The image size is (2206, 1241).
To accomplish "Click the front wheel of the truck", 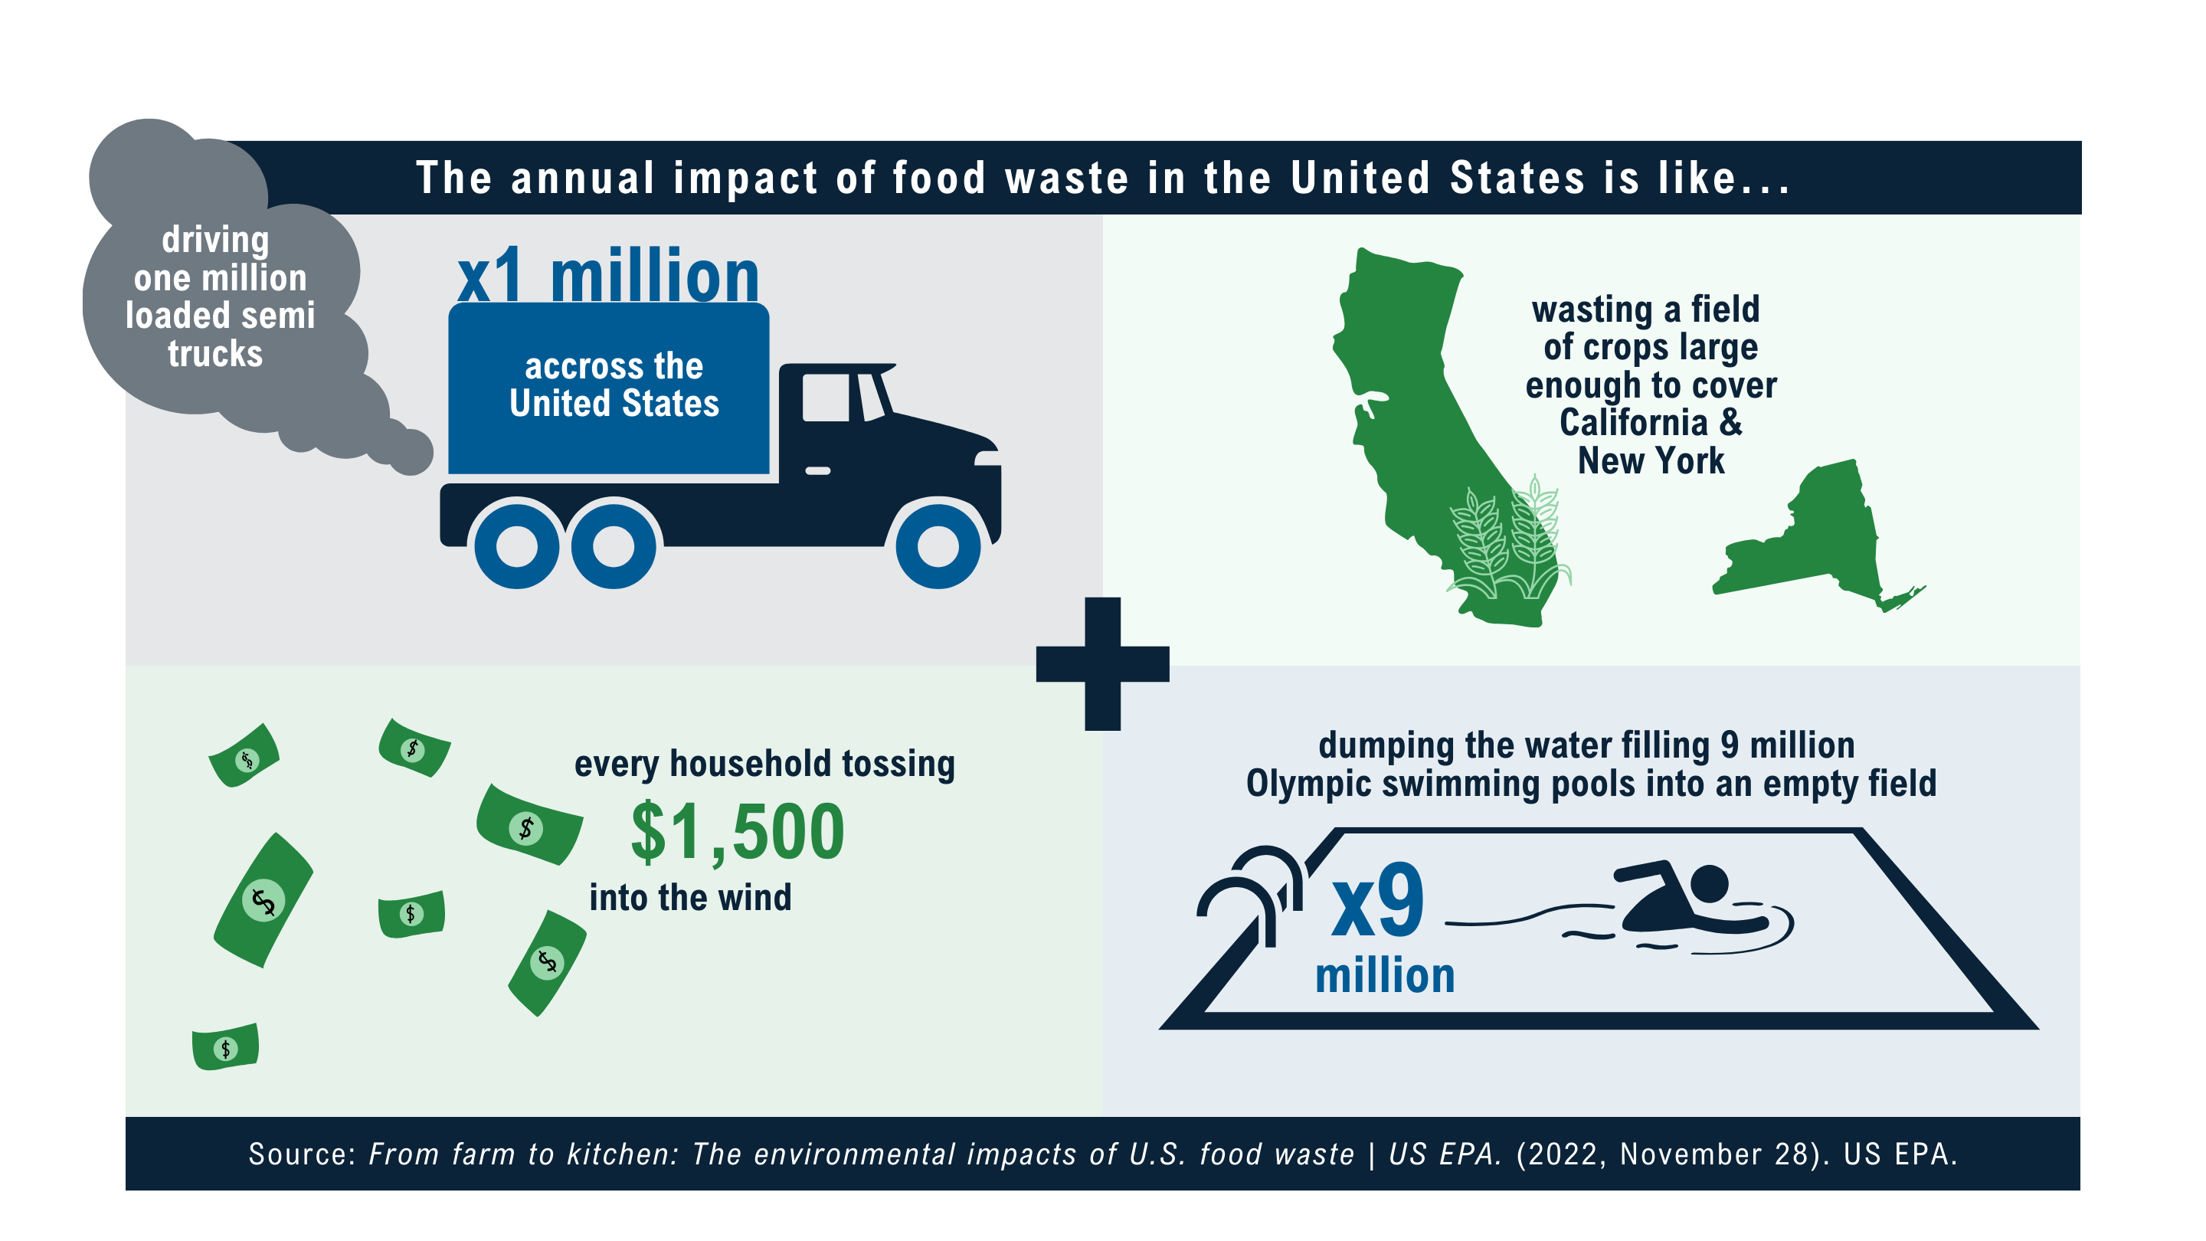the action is point(938,545).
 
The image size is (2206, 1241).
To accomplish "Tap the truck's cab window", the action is point(826,398).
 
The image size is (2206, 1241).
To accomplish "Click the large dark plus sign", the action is point(1102,663).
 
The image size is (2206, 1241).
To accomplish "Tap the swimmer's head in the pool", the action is point(1710,883).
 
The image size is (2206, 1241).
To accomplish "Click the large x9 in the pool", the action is point(1378,900).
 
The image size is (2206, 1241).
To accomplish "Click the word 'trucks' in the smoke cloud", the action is point(215,354).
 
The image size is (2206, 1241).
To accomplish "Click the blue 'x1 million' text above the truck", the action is point(608,276).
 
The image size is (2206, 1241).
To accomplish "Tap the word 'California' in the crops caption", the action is point(1633,423).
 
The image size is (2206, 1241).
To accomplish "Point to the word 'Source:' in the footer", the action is point(303,1154).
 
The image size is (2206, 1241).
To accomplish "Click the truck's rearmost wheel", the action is point(517,545).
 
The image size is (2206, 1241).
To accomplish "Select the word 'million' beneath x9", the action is point(1385,975).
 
